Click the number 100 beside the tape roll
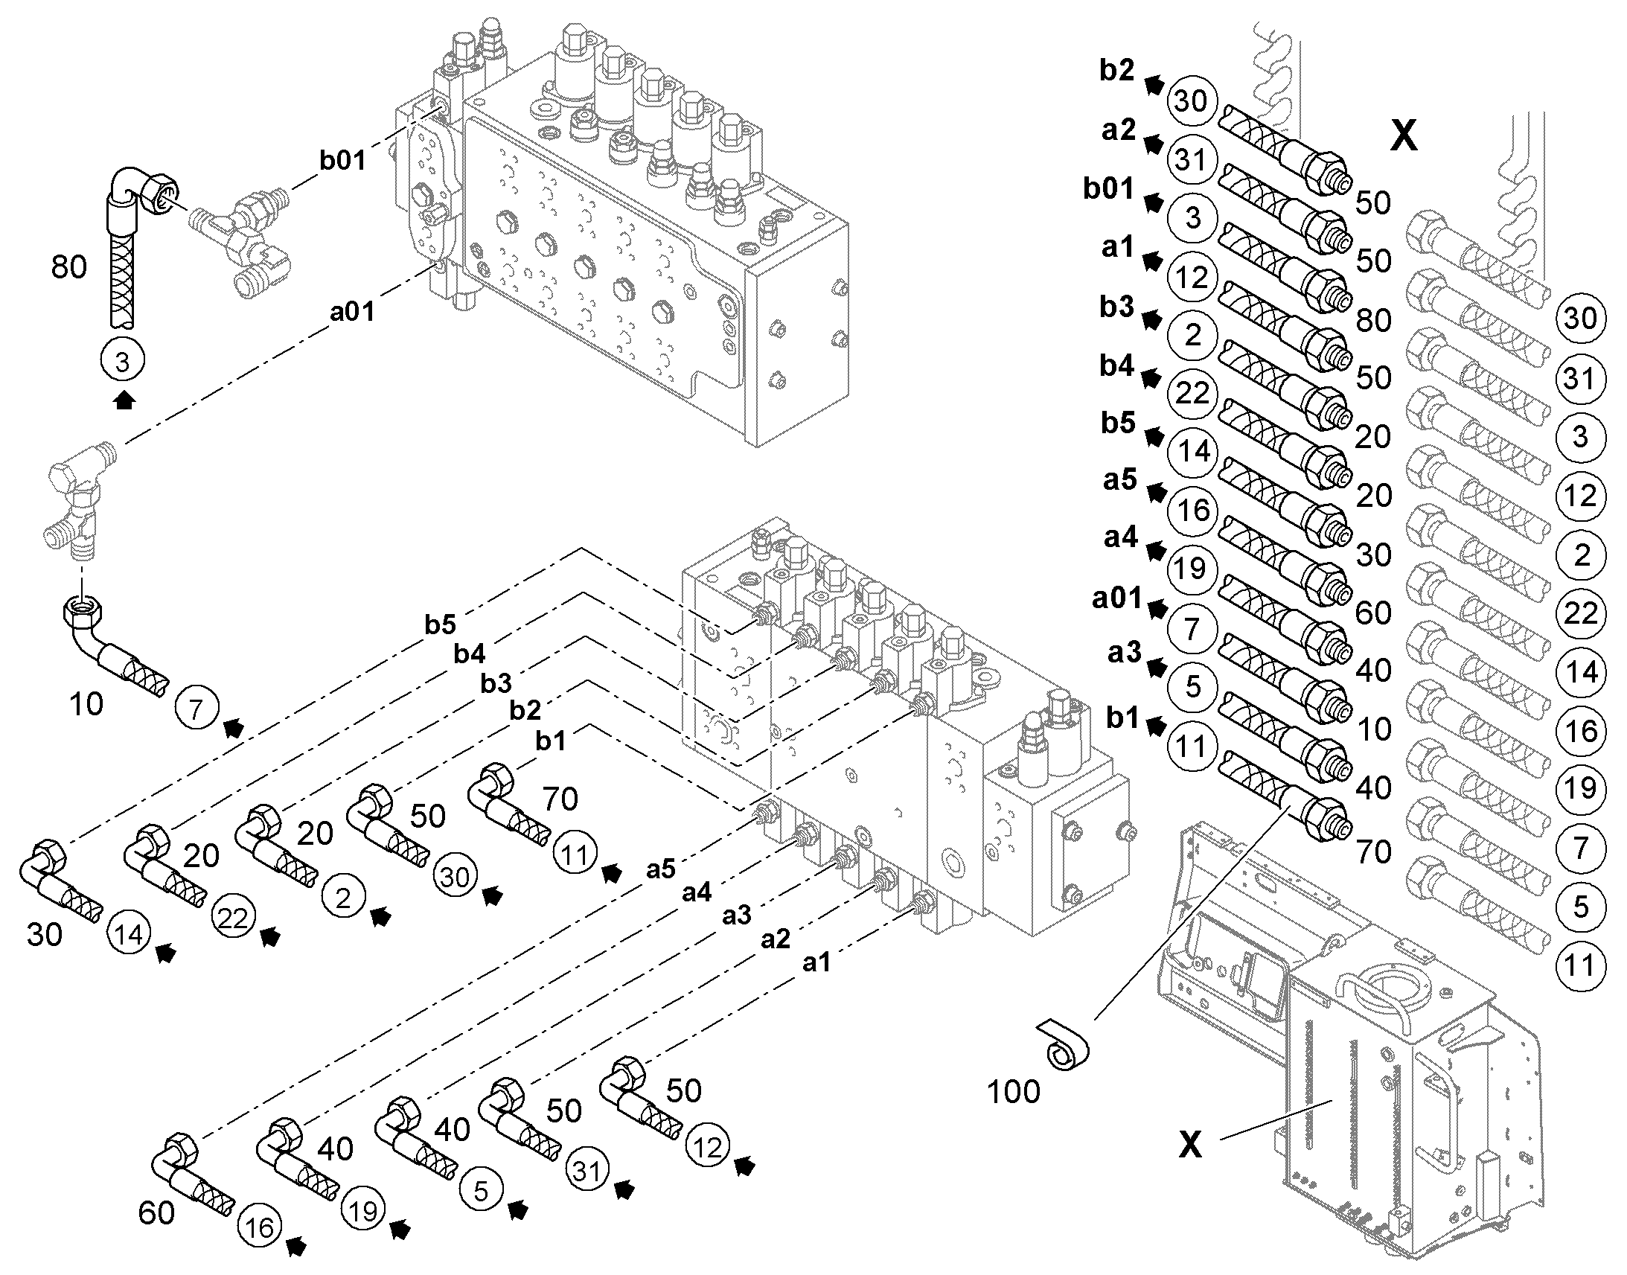[x=1013, y=1091]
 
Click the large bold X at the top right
[x=1403, y=136]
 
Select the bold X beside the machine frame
[x=1189, y=1143]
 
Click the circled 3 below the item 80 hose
[x=122, y=361]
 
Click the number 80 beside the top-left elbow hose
[x=68, y=266]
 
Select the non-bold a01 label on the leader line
[x=351, y=311]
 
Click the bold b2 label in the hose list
[x=1116, y=70]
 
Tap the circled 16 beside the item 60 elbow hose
[x=259, y=1227]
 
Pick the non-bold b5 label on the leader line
[x=440, y=624]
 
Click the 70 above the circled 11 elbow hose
[x=560, y=799]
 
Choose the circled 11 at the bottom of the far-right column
[x=1580, y=966]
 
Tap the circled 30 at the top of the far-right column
[x=1580, y=319]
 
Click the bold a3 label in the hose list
[x=1125, y=653]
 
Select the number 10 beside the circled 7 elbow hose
[x=86, y=704]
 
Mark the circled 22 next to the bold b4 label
[x=1192, y=393]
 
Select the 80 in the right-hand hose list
[x=1373, y=320]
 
